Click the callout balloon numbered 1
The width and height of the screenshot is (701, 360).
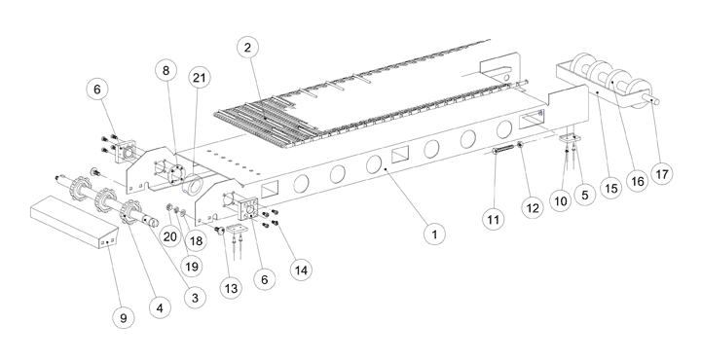pyautogui.click(x=434, y=234)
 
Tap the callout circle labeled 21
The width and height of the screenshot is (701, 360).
pyautogui.click(x=199, y=78)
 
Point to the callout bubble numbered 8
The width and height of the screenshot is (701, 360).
pyautogui.click(x=166, y=70)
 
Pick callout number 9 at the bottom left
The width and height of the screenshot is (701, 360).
pyautogui.click(x=124, y=318)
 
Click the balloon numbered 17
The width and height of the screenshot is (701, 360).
pyautogui.click(x=662, y=174)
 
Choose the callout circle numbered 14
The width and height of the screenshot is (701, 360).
pyautogui.click(x=301, y=270)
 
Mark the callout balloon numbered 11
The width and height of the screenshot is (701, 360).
pyautogui.click(x=493, y=219)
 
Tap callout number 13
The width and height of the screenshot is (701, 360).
pyautogui.click(x=231, y=289)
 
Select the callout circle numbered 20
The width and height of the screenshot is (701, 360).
pyautogui.click(x=169, y=235)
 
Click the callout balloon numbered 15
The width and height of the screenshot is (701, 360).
pyautogui.click(x=610, y=188)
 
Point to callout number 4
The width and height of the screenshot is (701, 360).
pyautogui.click(x=160, y=307)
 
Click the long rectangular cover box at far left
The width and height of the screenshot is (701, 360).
pyautogui.click(x=74, y=222)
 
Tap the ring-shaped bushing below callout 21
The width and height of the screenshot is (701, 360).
pyautogui.click(x=193, y=185)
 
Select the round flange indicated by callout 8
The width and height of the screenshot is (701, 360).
pyautogui.click(x=174, y=170)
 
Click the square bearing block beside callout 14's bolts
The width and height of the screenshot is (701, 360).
pyautogui.click(x=247, y=209)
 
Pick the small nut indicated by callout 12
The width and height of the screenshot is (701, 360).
pyautogui.click(x=520, y=144)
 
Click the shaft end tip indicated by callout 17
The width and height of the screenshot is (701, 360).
pyautogui.click(x=656, y=101)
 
